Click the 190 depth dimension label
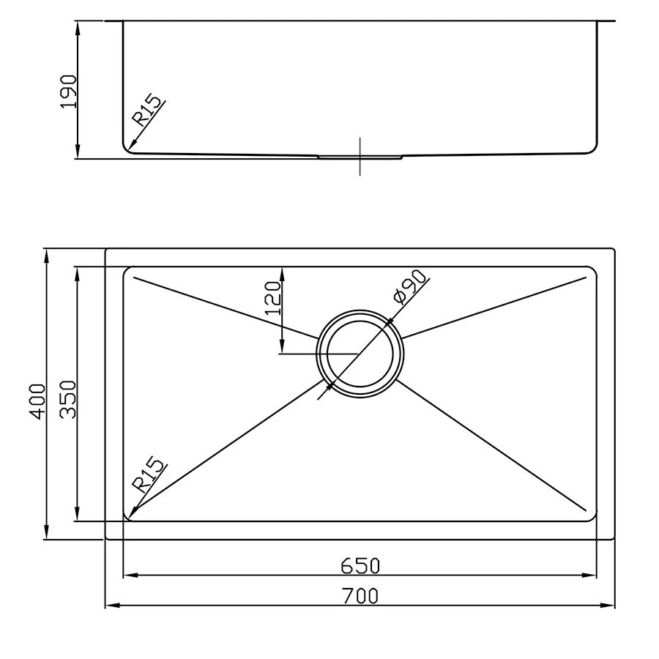click(68, 91)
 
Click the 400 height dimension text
click(38, 400)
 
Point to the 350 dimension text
click(67, 399)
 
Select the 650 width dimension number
click(360, 565)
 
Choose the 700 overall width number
click(360, 596)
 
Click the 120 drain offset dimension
click(272, 297)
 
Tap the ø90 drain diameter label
click(409, 287)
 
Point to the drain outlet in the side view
click(360, 156)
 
